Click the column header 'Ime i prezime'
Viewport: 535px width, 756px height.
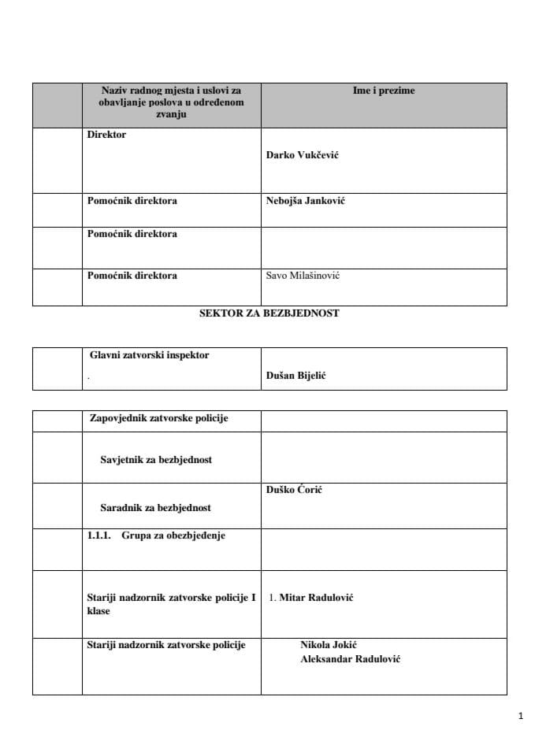pos(383,91)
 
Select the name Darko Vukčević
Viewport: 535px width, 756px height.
pos(303,155)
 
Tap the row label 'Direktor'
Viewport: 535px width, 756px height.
pos(106,135)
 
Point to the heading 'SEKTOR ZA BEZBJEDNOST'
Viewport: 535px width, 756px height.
pos(269,313)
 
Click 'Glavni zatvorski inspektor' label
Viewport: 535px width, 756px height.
pos(150,355)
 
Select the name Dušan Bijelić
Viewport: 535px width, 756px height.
pos(296,376)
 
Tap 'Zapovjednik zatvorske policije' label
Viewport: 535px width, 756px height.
pos(158,418)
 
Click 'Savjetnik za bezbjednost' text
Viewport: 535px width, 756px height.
pos(156,460)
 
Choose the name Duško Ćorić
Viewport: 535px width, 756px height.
pos(294,490)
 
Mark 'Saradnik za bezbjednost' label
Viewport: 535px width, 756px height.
pos(155,508)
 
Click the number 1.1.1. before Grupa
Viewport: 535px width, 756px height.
pos(100,535)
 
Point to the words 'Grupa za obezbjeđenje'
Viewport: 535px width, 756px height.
pos(173,535)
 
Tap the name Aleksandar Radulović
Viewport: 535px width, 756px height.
pos(350,659)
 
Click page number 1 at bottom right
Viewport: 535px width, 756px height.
pos(521,717)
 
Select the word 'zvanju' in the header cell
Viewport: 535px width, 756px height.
pos(171,114)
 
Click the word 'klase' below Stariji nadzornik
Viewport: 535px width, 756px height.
pos(98,611)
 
